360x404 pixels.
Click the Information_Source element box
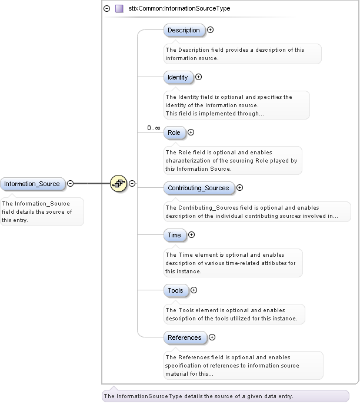32,184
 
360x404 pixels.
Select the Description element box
184,30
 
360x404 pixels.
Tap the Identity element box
178,77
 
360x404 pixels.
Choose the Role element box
174,133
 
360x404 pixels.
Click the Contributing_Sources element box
198,188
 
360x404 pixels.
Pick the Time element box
174,235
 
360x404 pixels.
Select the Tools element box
175,290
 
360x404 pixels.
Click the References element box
185,337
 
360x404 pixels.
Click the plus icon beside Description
210,29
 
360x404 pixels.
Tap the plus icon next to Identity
198,77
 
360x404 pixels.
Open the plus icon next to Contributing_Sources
239,188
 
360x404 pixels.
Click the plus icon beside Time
191,235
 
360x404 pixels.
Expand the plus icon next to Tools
194,290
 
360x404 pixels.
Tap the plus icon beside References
212,337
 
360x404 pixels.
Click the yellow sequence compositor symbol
118,184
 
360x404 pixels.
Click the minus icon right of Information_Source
70,183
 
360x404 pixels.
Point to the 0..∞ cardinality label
154,128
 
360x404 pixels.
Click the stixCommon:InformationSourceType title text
179,9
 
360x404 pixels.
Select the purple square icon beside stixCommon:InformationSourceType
119,9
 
